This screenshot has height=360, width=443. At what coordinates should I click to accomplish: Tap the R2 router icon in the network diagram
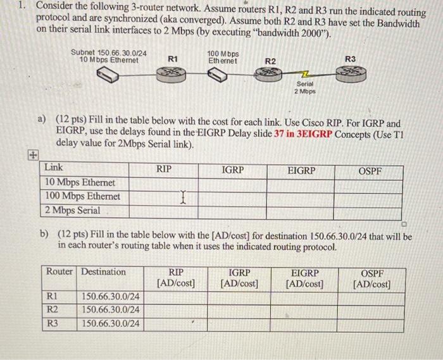point(271,75)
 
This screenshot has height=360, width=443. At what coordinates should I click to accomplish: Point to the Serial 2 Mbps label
point(304,87)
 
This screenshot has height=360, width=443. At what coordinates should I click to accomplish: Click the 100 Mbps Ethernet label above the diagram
point(223,58)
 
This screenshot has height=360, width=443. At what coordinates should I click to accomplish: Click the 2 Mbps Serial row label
point(72,210)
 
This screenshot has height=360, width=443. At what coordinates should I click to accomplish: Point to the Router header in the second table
point(59,272)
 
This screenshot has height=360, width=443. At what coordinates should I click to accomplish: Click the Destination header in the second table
point(103,272)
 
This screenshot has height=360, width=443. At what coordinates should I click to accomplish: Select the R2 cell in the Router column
point(54,310)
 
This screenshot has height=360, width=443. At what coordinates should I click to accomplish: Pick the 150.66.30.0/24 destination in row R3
point(111,324)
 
